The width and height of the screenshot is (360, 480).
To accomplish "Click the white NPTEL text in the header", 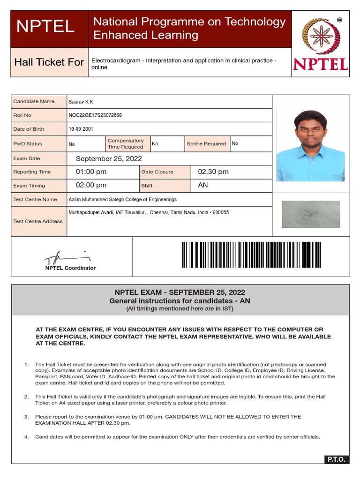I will pyautogui.click(x=45, y=27).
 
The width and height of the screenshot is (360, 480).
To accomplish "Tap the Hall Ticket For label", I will pyautogui.click(x=49, y=62).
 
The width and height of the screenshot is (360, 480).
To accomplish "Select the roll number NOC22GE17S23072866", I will pyautogui.click(x=95, y=115).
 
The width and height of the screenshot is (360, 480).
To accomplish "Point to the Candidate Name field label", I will pyautogui.click(x=34, y=102).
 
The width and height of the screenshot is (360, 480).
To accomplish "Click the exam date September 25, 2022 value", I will pyautogui.click(x=109, y=159).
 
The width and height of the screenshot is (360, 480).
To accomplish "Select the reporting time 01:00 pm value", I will pyautogui.click(x=91, y=172).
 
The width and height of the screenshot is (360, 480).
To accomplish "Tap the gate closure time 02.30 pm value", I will pyautogui.click(x=213, y=172).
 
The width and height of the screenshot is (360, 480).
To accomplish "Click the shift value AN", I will pyautogui.click(x=203, y=186).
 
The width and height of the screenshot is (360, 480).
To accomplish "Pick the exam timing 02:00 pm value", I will pyautogui.click(x=91, y=186).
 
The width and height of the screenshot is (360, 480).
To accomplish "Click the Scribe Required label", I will pyautogui.click(x=206, y=144).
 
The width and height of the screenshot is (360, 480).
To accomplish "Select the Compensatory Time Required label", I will pyautogui.click(x=126, y=144).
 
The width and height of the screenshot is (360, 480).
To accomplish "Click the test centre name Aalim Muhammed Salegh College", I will pyautogui.click(x=123, y=200).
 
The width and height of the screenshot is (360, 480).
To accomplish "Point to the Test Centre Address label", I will pyautogui.click(x=38, y=221).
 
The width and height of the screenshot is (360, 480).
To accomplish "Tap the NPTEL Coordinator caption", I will pyautogui.click(x=70, y=268).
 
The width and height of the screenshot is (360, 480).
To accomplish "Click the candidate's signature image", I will pyautogui.click(x=311, y=214).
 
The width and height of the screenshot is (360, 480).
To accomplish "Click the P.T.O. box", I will pyautogui.click(x=336, y=459).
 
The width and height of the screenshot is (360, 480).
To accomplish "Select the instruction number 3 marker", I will pyautogui.click(x=26, y=417).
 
